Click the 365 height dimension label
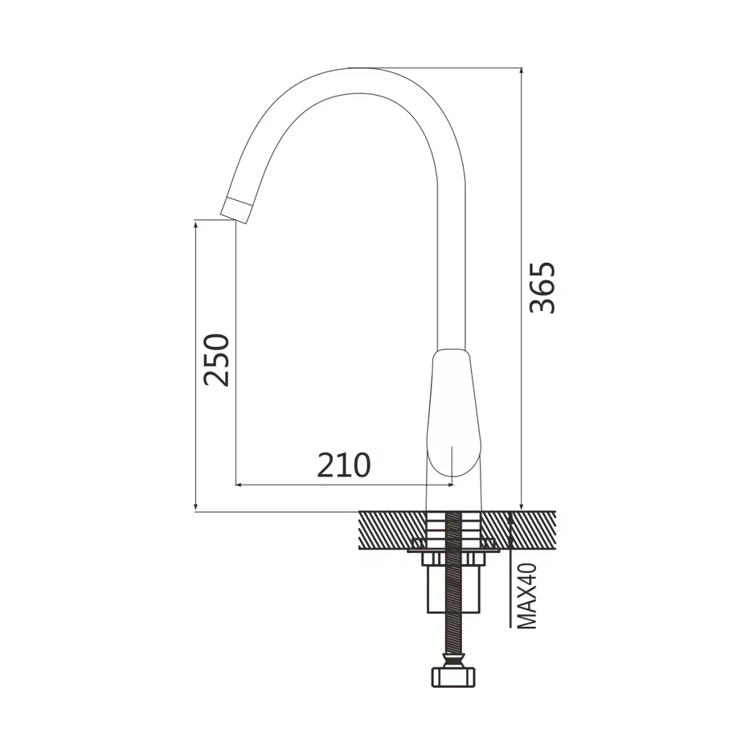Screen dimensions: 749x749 click(x=543, y=288)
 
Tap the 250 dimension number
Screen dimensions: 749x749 click(x=216, y=360)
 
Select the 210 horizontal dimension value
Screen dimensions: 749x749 click(x=344, y=465)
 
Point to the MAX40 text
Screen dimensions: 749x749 click(x=527, y=596)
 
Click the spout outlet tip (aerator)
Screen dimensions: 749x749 click(x=236, y=211)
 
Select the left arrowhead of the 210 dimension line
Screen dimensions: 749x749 click(x=239, y=485)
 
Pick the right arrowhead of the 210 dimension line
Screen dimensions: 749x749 click(x=449, y=485)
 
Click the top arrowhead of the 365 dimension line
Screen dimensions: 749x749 click(x=521, y=72)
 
